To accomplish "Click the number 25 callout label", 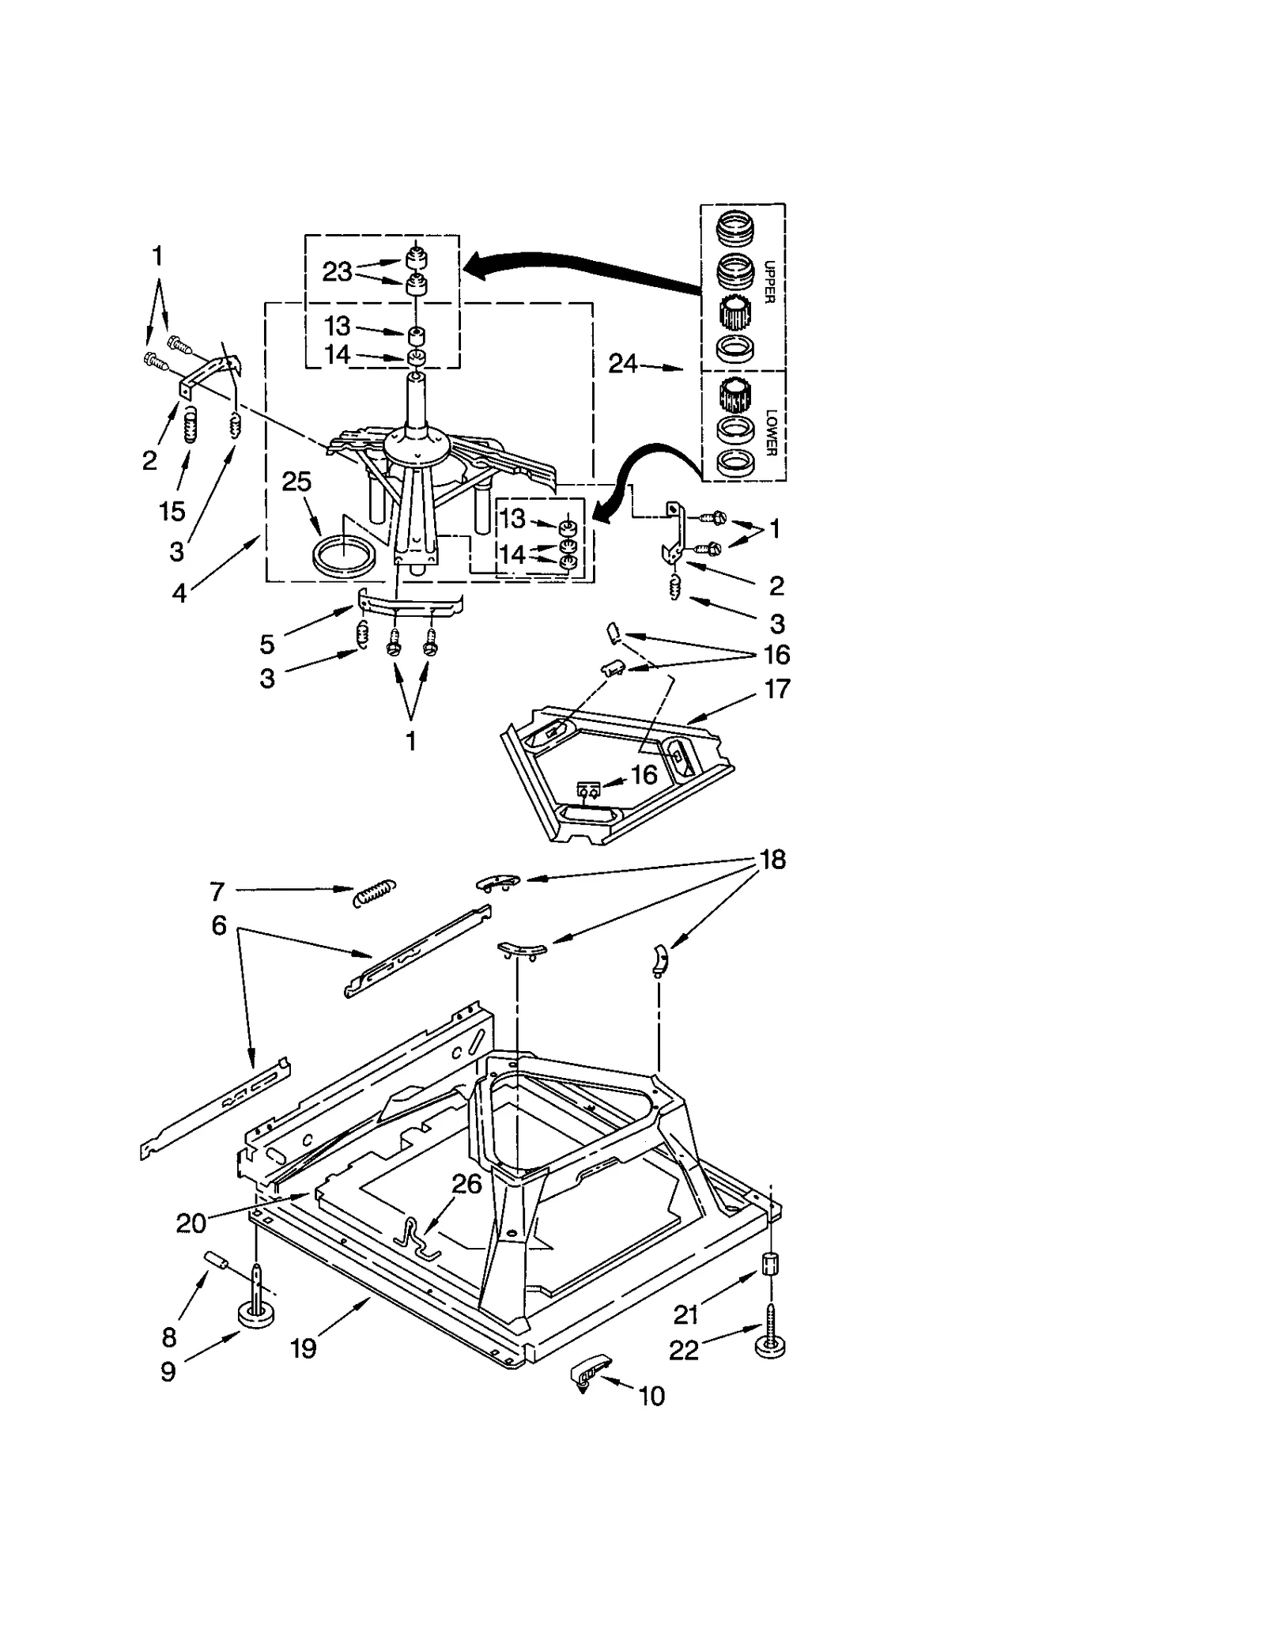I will coord(296,482).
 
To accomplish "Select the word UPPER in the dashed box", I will coord(769,282).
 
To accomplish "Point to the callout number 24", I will coord(622,364).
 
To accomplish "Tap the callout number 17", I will coord(777,688).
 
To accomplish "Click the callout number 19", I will coord(304,1348).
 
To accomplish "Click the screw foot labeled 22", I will coord(770,1341).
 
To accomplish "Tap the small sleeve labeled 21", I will coord(768,1263).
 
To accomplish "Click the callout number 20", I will coord(191,1223).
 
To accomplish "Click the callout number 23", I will coord(337,272).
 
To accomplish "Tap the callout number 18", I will coord(772,860).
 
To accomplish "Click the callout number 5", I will coord(267,644).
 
